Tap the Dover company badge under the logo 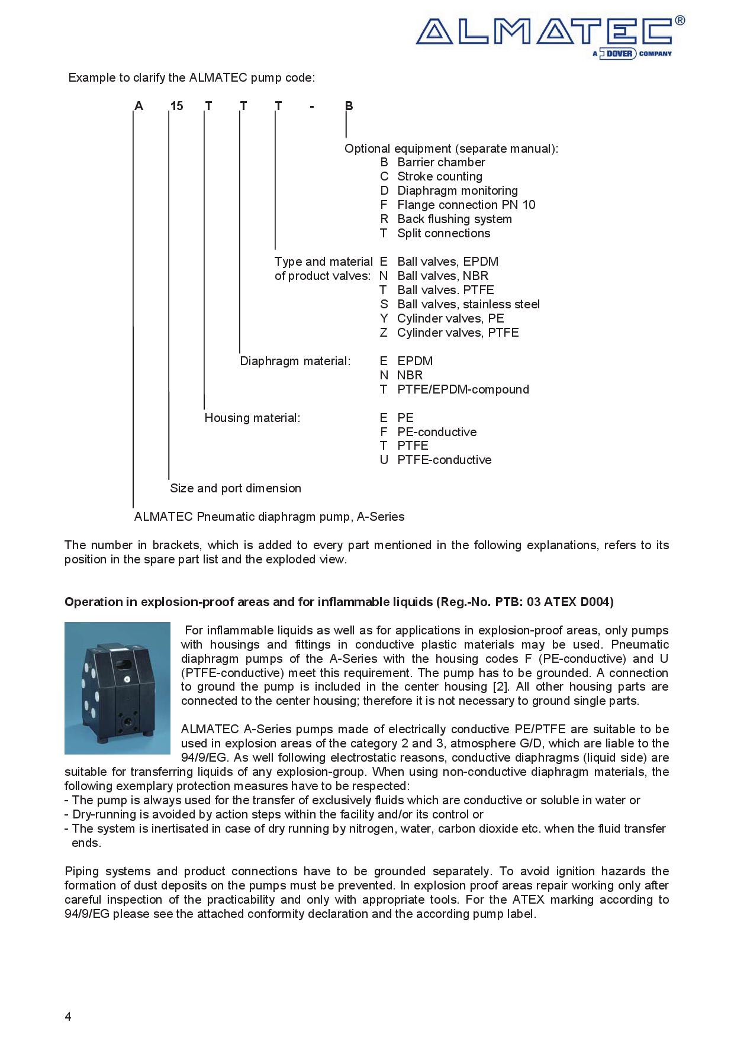632,54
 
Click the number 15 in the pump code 176,106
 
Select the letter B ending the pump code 349,106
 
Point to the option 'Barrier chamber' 441,162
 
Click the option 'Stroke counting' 439,176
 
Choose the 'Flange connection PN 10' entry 466,205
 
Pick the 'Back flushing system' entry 454,219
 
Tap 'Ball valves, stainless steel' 468,304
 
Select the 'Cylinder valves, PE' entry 450,318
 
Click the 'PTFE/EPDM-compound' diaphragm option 463,389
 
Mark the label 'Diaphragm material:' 295,361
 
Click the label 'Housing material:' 252,418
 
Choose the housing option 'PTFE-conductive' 444,460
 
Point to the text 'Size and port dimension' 236,488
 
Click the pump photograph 117,688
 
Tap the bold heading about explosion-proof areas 339,602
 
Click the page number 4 68,1017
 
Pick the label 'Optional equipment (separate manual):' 451,149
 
